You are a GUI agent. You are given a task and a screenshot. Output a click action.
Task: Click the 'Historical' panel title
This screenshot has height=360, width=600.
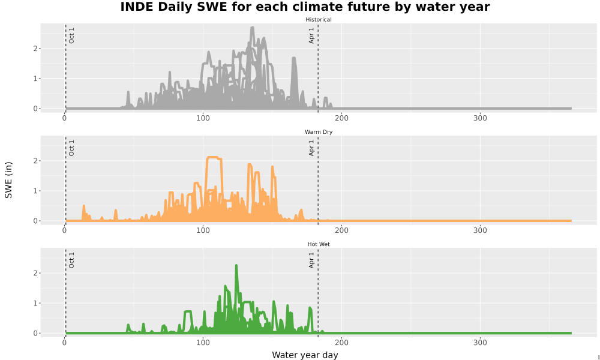click(x=319, y=20)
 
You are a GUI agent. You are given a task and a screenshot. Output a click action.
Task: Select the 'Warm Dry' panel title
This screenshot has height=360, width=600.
click(x=319, y=132)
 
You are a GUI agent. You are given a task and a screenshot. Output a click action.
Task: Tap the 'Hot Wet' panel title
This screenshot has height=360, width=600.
click(x=319, y=244)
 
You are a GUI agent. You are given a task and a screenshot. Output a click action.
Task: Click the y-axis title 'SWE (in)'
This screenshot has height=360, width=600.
click(x=8, y=180)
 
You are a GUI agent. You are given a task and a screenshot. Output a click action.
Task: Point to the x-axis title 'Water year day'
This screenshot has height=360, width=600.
click(x=305, y=355)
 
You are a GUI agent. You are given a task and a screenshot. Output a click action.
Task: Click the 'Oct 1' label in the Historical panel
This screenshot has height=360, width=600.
click(x=71, y=35)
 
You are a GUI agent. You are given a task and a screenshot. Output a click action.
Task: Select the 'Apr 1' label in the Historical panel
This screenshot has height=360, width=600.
click(x=311, y=35)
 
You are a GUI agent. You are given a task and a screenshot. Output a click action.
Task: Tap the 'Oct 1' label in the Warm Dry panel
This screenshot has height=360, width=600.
click(x=71, y=148)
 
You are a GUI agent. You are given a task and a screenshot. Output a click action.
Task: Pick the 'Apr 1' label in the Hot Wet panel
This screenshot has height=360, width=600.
click(x=311, y=260)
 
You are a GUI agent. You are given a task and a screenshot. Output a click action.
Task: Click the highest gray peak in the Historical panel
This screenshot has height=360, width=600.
click(x=252, y=28)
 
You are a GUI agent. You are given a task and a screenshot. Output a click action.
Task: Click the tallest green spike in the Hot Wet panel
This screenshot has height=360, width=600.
click(x=236, y=266)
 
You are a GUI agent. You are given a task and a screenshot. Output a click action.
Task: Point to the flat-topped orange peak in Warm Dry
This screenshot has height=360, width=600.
click(x=213, y=157)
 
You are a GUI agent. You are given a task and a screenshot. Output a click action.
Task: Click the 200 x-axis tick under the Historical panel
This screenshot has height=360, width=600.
click(x=341, y=118)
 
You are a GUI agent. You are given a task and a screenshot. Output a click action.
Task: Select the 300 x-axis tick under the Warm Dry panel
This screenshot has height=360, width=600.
click(x=480, y=230)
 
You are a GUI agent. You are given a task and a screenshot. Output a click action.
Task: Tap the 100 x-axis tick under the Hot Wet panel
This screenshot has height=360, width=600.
click(x=203, y=343)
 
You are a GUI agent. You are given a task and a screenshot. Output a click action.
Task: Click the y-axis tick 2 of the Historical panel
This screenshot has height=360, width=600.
click(x=35, y=49)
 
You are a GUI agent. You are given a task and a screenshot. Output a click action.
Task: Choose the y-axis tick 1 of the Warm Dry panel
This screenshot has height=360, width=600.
click(x=35, y=191)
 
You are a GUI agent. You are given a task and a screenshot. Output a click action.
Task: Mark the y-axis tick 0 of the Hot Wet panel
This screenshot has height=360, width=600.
click(x=35, y=333)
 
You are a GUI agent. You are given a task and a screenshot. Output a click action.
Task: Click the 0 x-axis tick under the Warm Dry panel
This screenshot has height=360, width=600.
click(x=64, y=230)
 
